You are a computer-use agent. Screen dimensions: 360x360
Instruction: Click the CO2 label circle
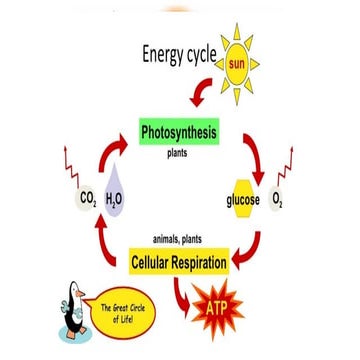coord(87,200)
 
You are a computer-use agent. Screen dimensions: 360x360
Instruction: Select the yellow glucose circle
coord(244,201)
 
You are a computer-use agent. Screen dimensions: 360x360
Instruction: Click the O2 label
coord(278,200)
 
